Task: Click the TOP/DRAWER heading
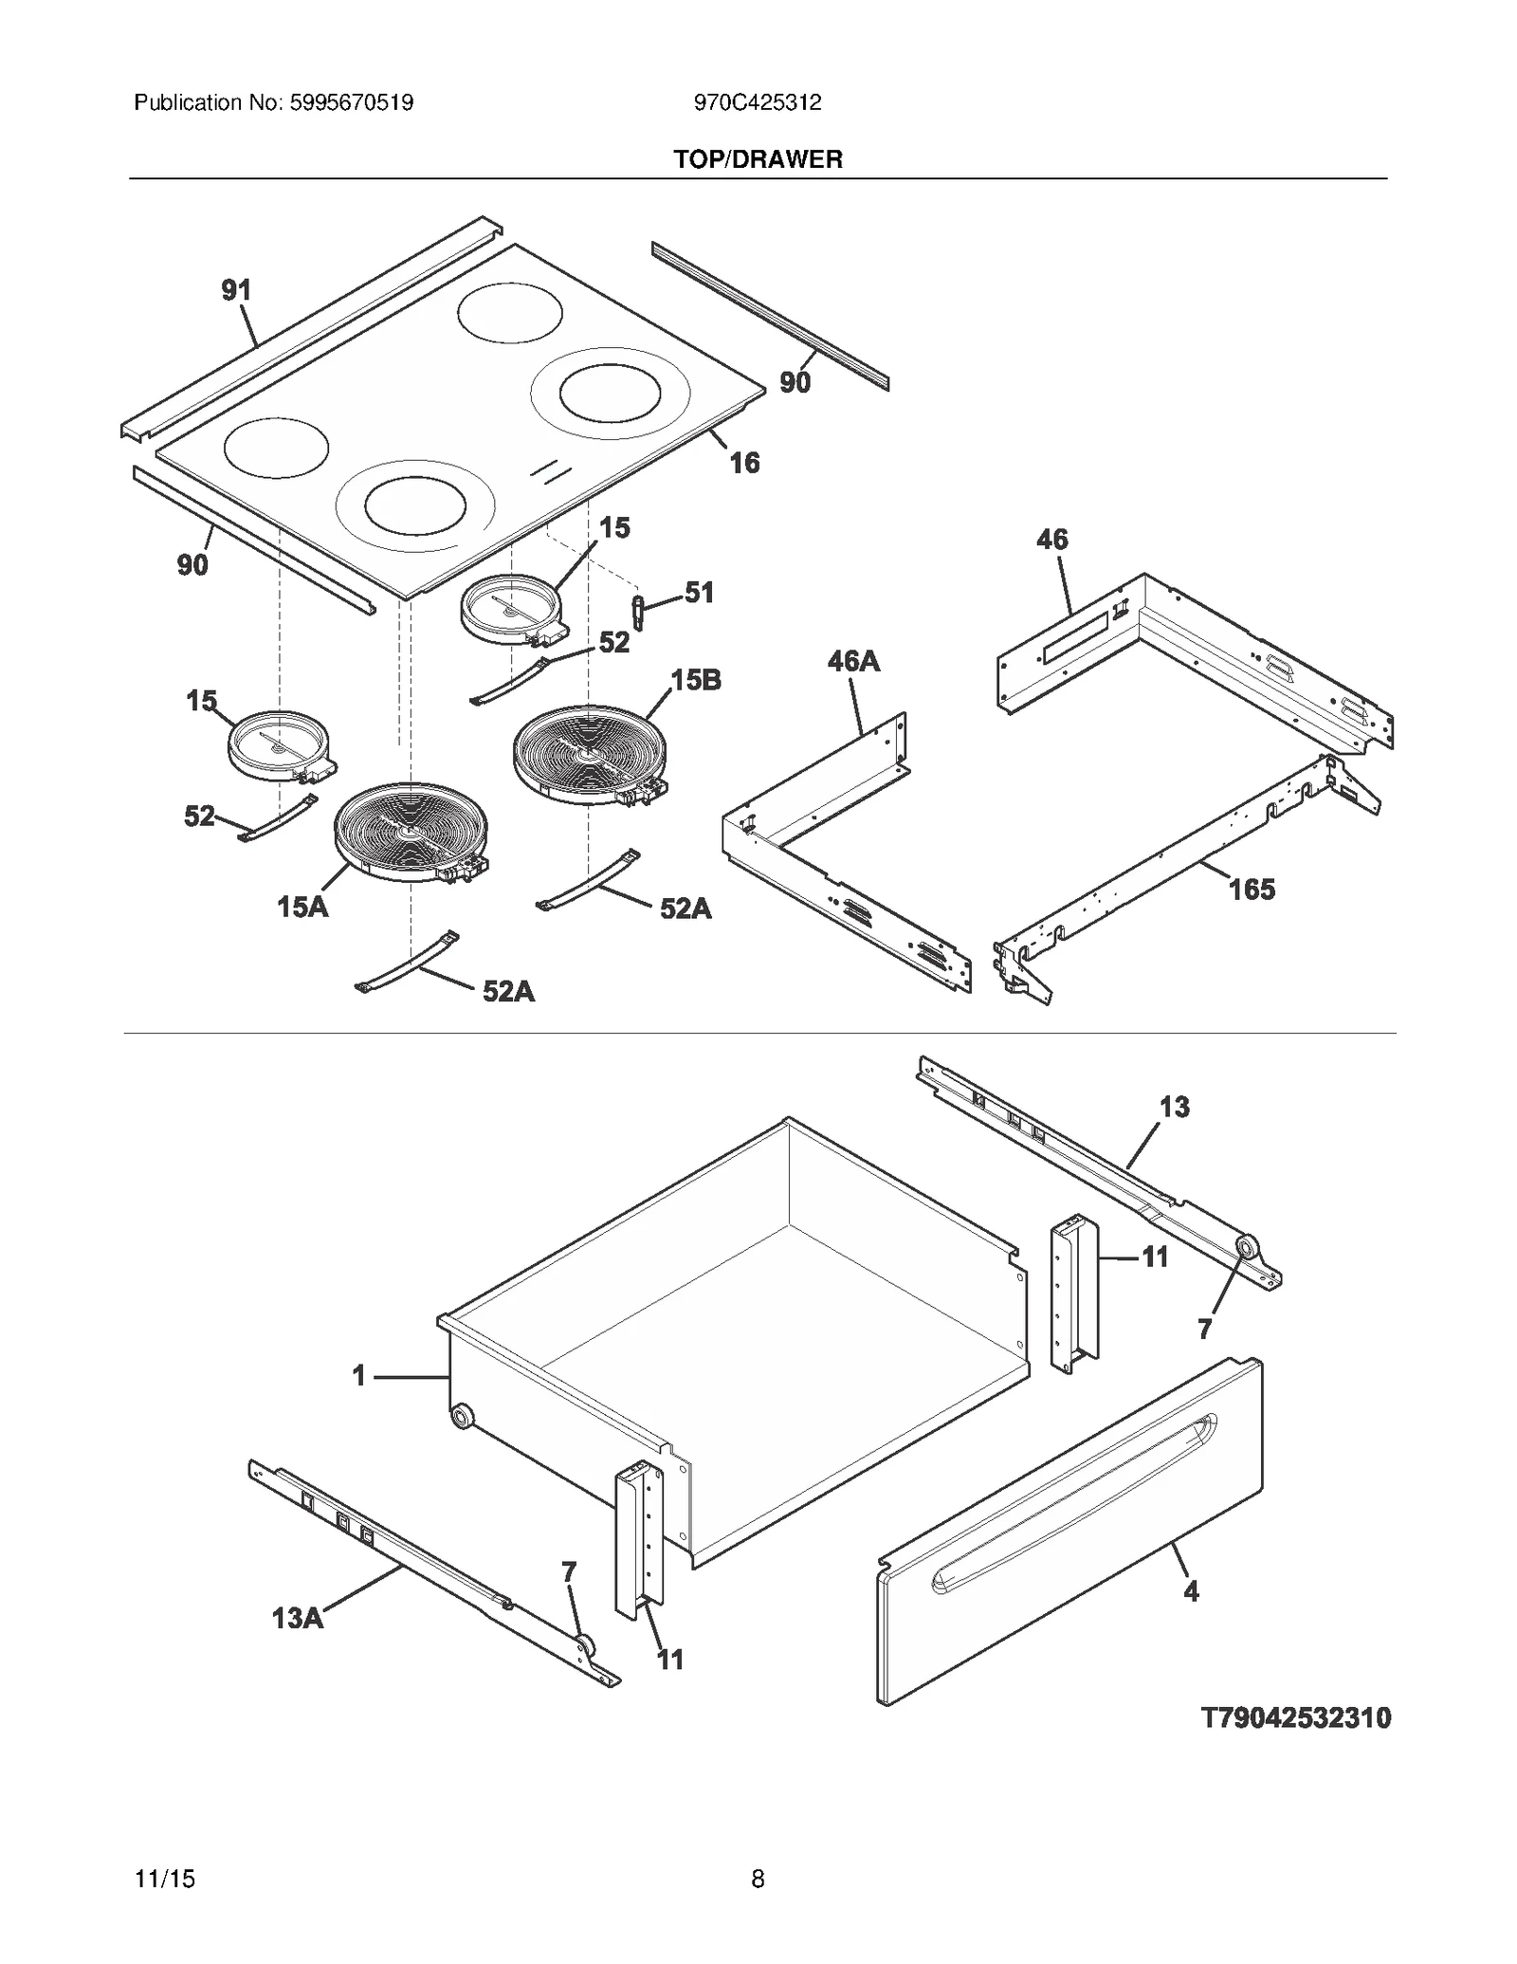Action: coord(758,159)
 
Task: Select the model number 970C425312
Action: coord(758,102)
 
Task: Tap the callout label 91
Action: coord(236,290)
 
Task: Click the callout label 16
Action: coord(744,463)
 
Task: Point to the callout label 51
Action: coord(699,593)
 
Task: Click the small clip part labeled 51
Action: coord(638,612)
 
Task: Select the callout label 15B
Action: coord(696,680)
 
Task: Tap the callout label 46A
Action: coord(853,661)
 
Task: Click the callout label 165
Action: coord(1252,890)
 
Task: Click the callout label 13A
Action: coord(298,1618)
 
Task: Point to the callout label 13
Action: coord(1174,1107)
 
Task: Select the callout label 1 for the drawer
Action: coord(358,1376)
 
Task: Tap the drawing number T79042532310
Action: coord(1296,1717)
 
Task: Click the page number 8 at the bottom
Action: coord(758,1879)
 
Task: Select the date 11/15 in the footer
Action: coord(165,1879)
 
